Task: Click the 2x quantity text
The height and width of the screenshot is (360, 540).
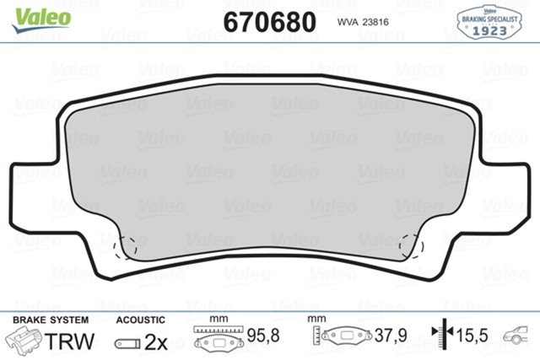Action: [156, 342]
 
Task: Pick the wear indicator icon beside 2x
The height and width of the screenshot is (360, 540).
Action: [127, 343]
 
